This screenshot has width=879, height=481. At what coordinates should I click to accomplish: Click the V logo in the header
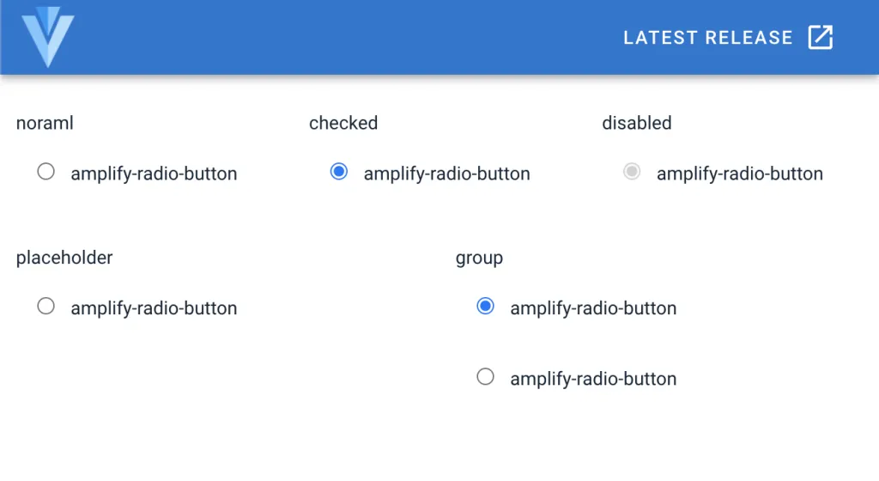pyautogui.click(x=48, y=37)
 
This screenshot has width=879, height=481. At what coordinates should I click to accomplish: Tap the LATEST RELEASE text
pyautogui.click(x=708, y=38)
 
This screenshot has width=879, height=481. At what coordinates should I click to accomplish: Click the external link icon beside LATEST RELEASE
pyautogui.click(x=820, y=38)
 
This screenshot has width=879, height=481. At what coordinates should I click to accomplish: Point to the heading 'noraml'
pyautogui.click(x=45, y=123)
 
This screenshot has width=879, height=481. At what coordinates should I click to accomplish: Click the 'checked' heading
pyautogui.click(x=343, y=123)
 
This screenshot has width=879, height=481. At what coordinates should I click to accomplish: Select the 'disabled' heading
pyautogui.click(x=637, y=123)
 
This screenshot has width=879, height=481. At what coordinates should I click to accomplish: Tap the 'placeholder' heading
pyautogui.click(x=64, y=258)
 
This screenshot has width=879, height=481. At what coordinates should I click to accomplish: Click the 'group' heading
pyautogui.click(x=479, y=258)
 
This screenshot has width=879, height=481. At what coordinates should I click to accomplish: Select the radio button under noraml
pyautogui.click(x=46, y=171)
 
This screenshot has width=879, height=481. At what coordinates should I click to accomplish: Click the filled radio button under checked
pyautogui.click(x=338, y=171)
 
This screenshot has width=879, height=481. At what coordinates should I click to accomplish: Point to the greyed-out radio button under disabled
pyautogui.click(x=632, y=171)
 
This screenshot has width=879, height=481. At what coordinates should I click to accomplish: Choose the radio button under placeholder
pyautogui.click(x=46, y=306)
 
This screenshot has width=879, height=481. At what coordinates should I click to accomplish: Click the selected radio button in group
pyautogui.click(x=486, y=306)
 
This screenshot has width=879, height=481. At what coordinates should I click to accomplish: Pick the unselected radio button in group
pyautogui.click(x=486, y=376)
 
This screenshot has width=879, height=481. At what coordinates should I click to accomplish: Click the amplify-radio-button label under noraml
pyautogui.click(x=155, y=174)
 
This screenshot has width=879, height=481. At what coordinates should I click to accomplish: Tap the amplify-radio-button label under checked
pyautogui.click(x=446, y=174)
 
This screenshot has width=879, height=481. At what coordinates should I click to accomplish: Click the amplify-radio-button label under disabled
pyautogui.click(x=740, y=174)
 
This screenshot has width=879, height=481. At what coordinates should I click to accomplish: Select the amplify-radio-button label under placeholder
pyautogui.click(x=155, y=308)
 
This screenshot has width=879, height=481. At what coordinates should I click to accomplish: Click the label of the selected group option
pyautogui.click(x=593, y=308)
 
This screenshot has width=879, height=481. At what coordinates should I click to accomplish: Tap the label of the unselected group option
pyautogui.click(x=593, y=379)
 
